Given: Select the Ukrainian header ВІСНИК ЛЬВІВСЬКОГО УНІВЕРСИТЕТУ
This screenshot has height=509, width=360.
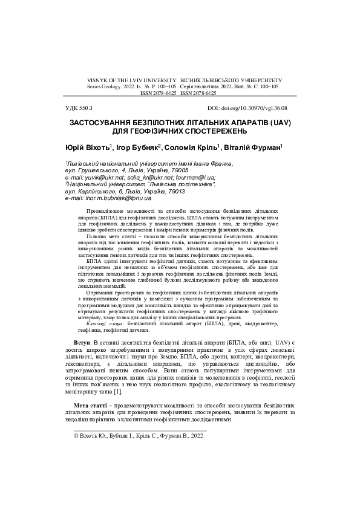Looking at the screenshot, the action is click(232, 80).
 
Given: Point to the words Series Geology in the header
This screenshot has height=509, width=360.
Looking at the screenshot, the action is click(106, 87).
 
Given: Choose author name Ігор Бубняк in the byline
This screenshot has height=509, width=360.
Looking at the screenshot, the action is click(139, 148).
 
